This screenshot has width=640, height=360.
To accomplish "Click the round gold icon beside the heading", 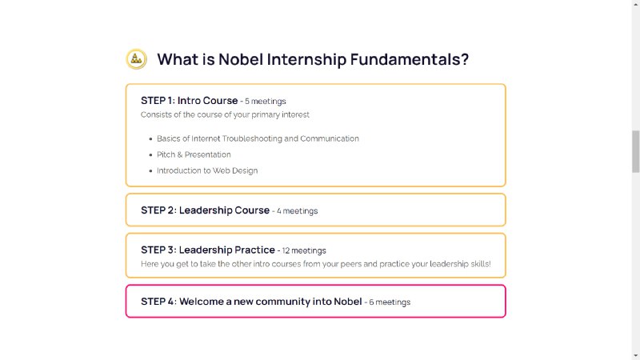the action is click(136, 59).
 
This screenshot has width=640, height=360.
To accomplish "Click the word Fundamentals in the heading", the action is click(410, 59).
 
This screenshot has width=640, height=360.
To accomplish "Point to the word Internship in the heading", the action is click(306, 59).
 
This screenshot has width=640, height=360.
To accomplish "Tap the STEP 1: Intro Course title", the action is click(190, 101).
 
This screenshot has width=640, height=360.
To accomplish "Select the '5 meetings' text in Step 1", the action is click(266, 102).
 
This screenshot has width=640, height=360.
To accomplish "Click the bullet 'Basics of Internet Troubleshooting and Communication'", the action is click(258, 138).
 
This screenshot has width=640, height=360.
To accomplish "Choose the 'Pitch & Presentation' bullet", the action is click(194, 154).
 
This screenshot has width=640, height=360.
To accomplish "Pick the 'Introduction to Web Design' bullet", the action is click(207, 170).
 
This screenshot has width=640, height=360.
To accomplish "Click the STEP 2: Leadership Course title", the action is click(206, 210).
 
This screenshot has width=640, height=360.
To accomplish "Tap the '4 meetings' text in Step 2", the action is click(297, 211).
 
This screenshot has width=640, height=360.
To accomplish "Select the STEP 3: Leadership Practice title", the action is click(208, 250).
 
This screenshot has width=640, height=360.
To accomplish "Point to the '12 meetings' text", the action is click(304, 250).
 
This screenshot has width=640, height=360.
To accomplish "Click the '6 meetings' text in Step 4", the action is click(390, 302).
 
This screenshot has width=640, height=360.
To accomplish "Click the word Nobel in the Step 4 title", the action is click(348, 302).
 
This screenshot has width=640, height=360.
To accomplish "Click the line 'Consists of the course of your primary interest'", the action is click(225, 114).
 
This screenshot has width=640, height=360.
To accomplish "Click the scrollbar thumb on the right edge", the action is click(635, 151).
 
